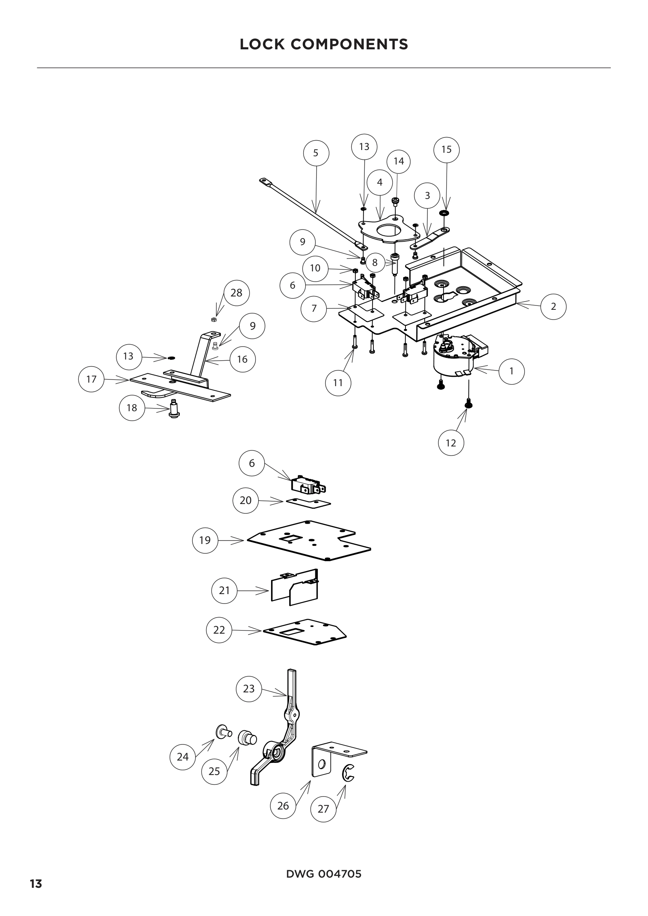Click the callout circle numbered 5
click(x=316, y=153)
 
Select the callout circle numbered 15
click(x=446, y=150)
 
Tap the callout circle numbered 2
click(x=553, y=306)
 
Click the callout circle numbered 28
click(x=236, y=293)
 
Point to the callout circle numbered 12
click(x=451, y=443)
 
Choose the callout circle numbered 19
click(x=205, y=540)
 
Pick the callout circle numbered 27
click(x=323, y=809)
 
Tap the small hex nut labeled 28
click(x=214, y=320)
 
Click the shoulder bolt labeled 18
click(x=174, y=408)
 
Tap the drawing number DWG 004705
click(x=324, y=874)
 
